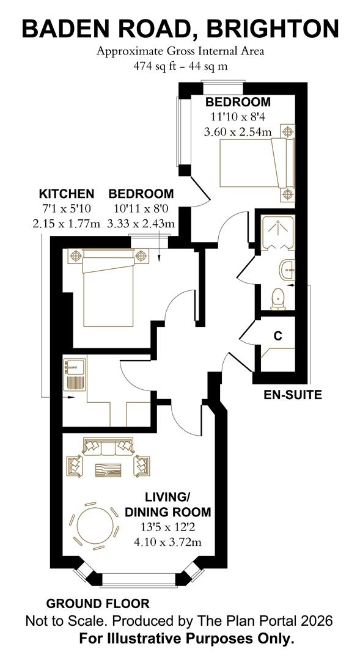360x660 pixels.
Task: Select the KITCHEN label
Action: click(x=67, y=194)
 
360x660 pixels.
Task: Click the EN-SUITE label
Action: click(x=292, y=395)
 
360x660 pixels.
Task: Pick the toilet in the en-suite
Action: click(x=278, y=299)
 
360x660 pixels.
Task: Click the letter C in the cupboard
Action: click(x=277, y=336)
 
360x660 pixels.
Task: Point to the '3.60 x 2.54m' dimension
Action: click(x=238, y=131)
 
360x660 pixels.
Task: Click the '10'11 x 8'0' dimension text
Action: click(x=141, y=209)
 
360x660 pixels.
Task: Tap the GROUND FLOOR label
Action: click(x=98, y=604)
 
